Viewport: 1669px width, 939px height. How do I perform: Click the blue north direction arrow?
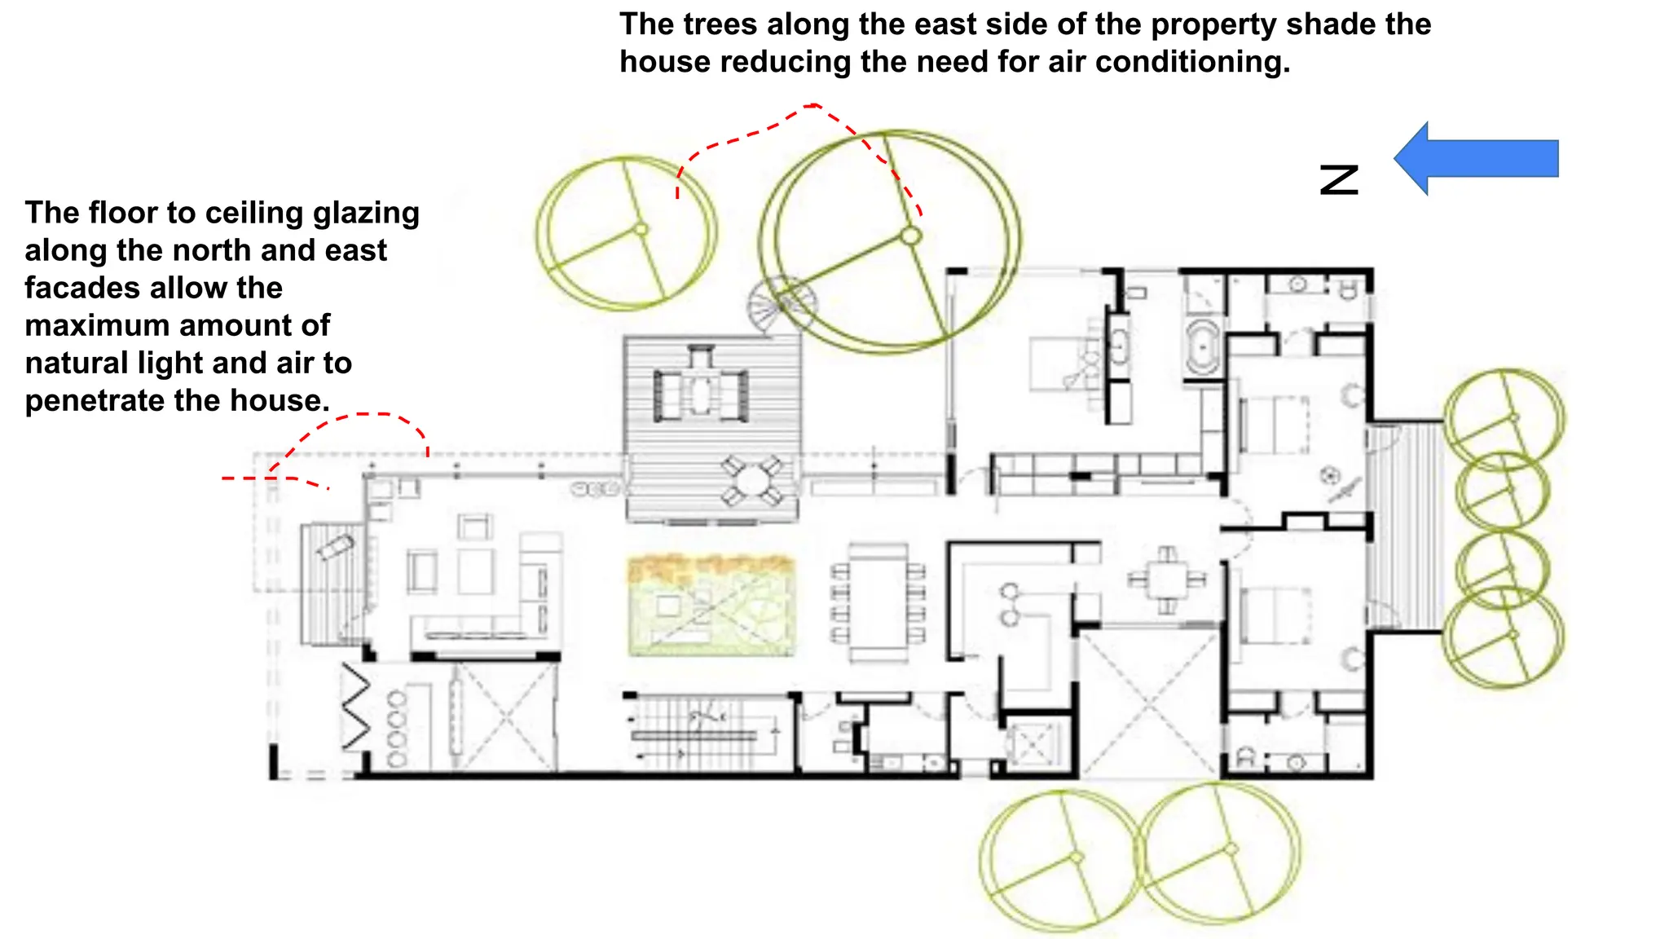pos(1475,159)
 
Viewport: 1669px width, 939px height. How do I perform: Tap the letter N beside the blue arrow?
pos(1340,179)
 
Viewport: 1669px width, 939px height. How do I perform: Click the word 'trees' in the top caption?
pos(720,24)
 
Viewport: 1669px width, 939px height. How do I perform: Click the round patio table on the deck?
pos(751,481)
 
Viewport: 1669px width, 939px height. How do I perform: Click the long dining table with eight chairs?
pos(878,602)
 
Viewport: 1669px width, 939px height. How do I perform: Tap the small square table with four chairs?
pos(1167,580)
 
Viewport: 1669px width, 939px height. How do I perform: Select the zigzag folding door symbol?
pos(356,706)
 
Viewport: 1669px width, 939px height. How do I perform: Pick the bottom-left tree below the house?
pos(1059,860)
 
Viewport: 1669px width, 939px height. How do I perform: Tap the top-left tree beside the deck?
pos(627,233)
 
